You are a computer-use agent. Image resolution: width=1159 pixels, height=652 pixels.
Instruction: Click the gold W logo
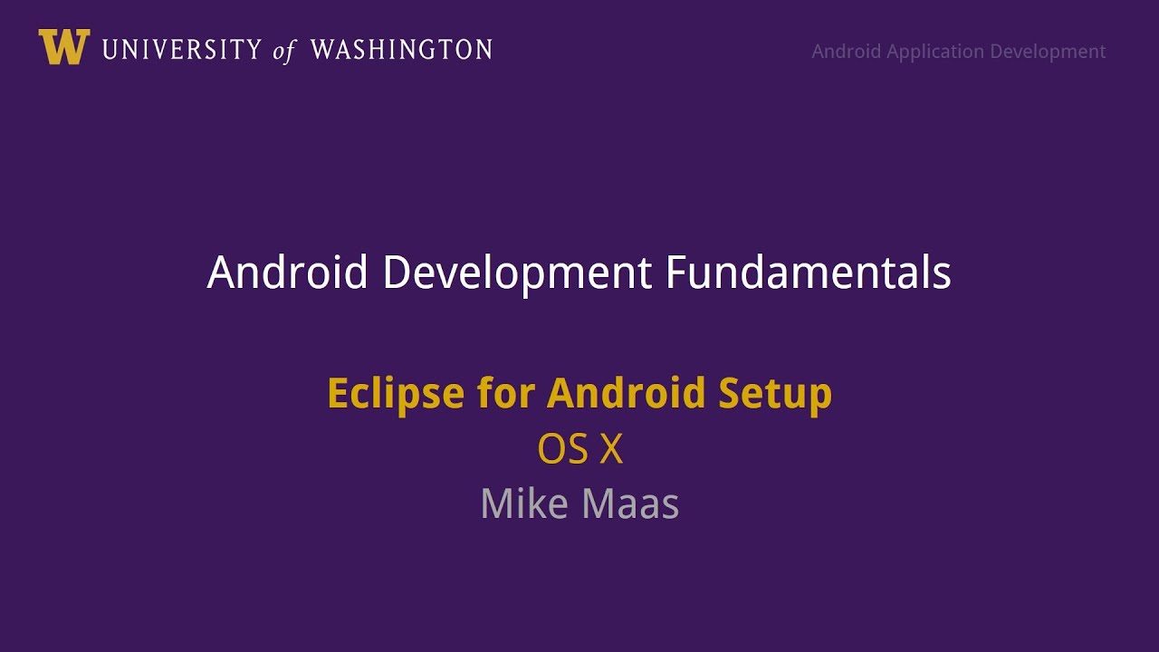[63, 47]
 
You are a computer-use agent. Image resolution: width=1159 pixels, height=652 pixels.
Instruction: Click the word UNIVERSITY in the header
[181, 50]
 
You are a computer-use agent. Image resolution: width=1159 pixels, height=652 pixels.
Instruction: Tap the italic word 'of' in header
[284, 51]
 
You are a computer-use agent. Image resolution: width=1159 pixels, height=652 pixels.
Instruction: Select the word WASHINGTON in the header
[401, 50]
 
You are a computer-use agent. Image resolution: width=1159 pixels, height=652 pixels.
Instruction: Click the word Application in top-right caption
[934, 52]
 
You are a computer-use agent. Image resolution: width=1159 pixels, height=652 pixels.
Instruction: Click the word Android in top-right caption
[846, 52]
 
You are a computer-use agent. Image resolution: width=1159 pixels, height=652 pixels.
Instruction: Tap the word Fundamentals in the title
[808, 273]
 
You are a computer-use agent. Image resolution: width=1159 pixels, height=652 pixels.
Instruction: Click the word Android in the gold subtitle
[626, 394]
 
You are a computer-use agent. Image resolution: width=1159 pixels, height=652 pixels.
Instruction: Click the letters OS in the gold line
[563, 449]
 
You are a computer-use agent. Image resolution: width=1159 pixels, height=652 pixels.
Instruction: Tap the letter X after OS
[611, 449]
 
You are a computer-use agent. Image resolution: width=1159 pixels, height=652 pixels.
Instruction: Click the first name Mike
[522, 503]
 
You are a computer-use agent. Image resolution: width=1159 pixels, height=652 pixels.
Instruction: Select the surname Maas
[633, 503]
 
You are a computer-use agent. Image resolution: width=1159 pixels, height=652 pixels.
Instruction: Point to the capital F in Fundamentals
[675, 273]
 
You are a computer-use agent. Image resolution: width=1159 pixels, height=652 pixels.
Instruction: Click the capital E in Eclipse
[337, 394]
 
